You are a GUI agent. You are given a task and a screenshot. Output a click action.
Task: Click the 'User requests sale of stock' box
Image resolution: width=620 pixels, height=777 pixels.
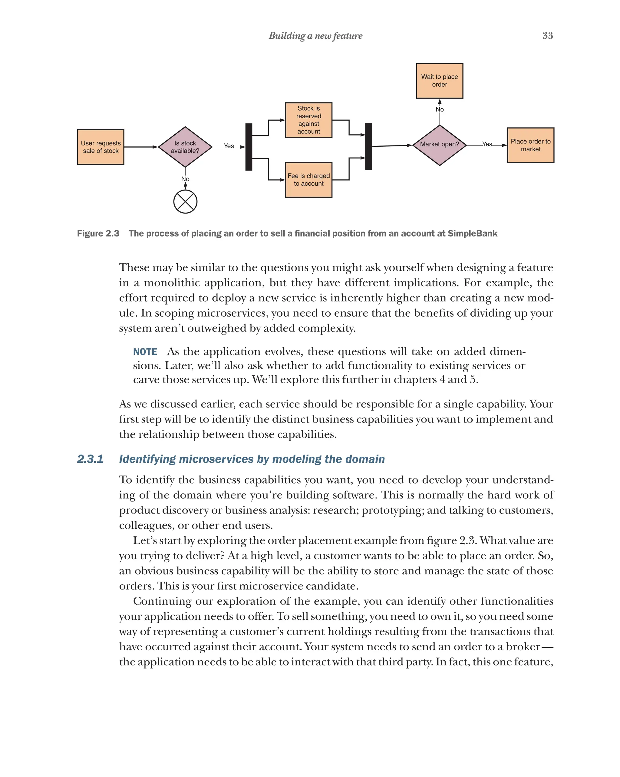[x=101, y=147]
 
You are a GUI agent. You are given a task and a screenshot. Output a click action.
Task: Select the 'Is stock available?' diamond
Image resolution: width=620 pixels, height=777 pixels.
[x=185, y=147]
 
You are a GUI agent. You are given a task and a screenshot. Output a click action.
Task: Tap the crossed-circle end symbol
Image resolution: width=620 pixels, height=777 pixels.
[x=185, y=202]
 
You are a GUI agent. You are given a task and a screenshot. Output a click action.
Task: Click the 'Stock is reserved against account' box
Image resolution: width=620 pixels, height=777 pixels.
[x=309, y=120]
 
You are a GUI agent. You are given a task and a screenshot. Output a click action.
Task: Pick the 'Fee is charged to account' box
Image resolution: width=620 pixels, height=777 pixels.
[x=309, y=180]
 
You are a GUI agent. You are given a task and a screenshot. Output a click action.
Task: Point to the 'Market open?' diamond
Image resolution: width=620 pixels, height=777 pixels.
[x=440, y=145]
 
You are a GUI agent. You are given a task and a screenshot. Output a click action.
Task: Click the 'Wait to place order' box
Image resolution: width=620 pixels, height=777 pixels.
[x=440, y=81]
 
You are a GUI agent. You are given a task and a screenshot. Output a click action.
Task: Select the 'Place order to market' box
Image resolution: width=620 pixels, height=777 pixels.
[x=531, y=145]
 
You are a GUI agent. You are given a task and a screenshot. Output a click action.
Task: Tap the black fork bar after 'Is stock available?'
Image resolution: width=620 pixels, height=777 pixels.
[x=249, y=147]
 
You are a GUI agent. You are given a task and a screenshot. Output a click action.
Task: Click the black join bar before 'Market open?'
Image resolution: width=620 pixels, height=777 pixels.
[x=369, y=146]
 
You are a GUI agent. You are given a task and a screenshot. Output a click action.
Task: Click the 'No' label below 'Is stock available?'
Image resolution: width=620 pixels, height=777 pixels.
[x=185, y=179]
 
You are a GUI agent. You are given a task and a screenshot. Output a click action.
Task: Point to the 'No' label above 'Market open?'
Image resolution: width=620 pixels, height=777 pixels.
[x=440, y=109]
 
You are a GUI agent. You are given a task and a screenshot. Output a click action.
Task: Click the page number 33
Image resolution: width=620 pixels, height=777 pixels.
[x=548, y=36]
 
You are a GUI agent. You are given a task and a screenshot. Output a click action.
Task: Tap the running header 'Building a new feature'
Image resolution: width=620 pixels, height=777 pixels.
[x=315, y=36]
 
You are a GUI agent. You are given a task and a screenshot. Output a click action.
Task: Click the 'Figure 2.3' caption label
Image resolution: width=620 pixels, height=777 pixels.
[x=98, y=233]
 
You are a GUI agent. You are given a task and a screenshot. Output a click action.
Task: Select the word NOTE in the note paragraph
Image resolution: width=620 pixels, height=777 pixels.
[x=145, y=352]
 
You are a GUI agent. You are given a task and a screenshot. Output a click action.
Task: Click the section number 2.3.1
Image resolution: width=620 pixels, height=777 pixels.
[x=91, y=459]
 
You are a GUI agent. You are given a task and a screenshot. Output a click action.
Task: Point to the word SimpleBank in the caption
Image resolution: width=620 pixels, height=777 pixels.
[x=473, y=233]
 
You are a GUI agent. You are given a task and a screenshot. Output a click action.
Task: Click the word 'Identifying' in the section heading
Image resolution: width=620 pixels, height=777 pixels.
[x=147, y=459]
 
